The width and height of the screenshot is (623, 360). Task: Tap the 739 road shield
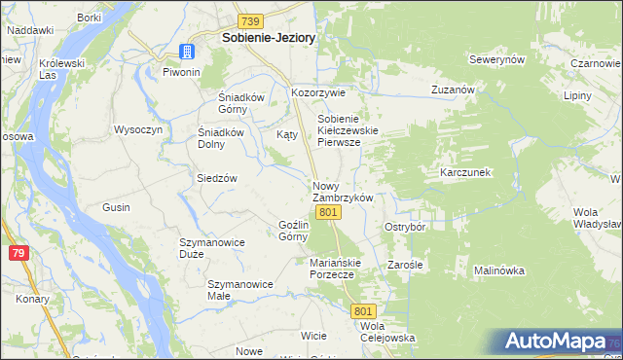point(251,20)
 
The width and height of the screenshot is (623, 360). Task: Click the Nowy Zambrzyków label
point(343,191)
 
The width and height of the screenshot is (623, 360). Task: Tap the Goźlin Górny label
point(294,230)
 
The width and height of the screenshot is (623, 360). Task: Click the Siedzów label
point(217,178)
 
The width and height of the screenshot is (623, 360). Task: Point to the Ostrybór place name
point(405,226)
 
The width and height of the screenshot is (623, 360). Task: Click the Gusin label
point(116,207)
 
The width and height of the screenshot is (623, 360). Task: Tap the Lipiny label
point(577,97)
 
